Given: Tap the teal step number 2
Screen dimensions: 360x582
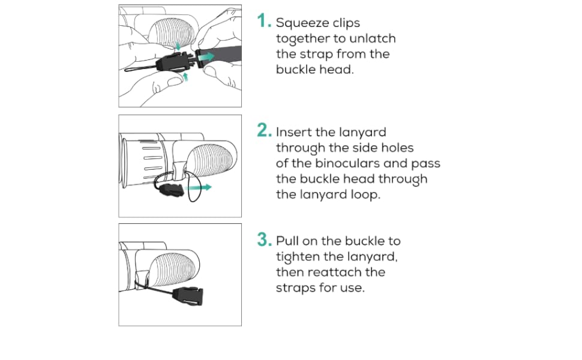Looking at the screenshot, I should point(264,131).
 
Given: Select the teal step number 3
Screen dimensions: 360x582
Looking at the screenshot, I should point(264,240).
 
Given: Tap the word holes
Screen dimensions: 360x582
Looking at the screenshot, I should point(397,148).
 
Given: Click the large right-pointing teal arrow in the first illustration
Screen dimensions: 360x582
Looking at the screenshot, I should point(206,55).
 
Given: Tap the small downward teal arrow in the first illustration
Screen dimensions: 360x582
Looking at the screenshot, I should point(178,47).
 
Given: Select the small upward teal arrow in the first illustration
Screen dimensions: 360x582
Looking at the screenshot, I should point(185,77).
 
